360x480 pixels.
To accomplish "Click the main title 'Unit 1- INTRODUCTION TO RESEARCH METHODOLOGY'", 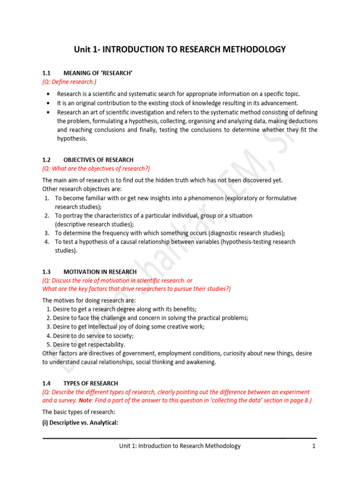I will [180, 49].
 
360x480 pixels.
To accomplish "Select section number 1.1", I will [46, 74].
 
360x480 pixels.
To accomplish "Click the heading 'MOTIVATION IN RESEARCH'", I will [100, 272].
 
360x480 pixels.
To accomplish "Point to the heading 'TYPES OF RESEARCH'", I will [90, 383].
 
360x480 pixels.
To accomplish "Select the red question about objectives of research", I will [96, 169].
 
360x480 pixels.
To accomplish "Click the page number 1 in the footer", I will [314, 446].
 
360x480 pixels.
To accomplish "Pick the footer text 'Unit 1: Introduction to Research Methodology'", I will [180, 446].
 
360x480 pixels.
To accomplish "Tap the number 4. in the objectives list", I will [47, 242].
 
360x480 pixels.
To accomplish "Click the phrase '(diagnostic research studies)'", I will [244, 233].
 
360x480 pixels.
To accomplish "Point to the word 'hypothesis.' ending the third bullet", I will [73, 139].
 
